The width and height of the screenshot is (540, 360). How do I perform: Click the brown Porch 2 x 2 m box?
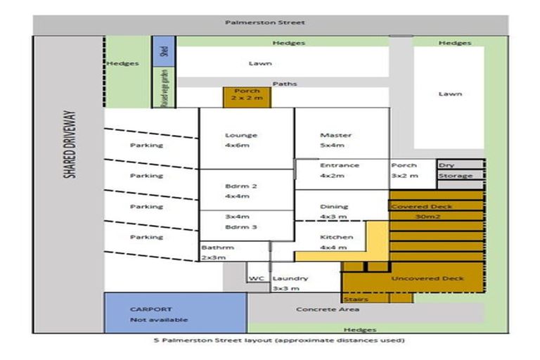(247, 96)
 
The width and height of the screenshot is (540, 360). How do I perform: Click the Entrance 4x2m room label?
(340, 170)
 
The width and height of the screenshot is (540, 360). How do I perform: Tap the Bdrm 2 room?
(241, 191)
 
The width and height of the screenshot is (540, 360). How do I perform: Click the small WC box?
(256, 278)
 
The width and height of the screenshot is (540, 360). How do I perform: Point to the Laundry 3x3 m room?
(290, 283)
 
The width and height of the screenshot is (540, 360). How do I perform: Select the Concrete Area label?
(328, 309)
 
